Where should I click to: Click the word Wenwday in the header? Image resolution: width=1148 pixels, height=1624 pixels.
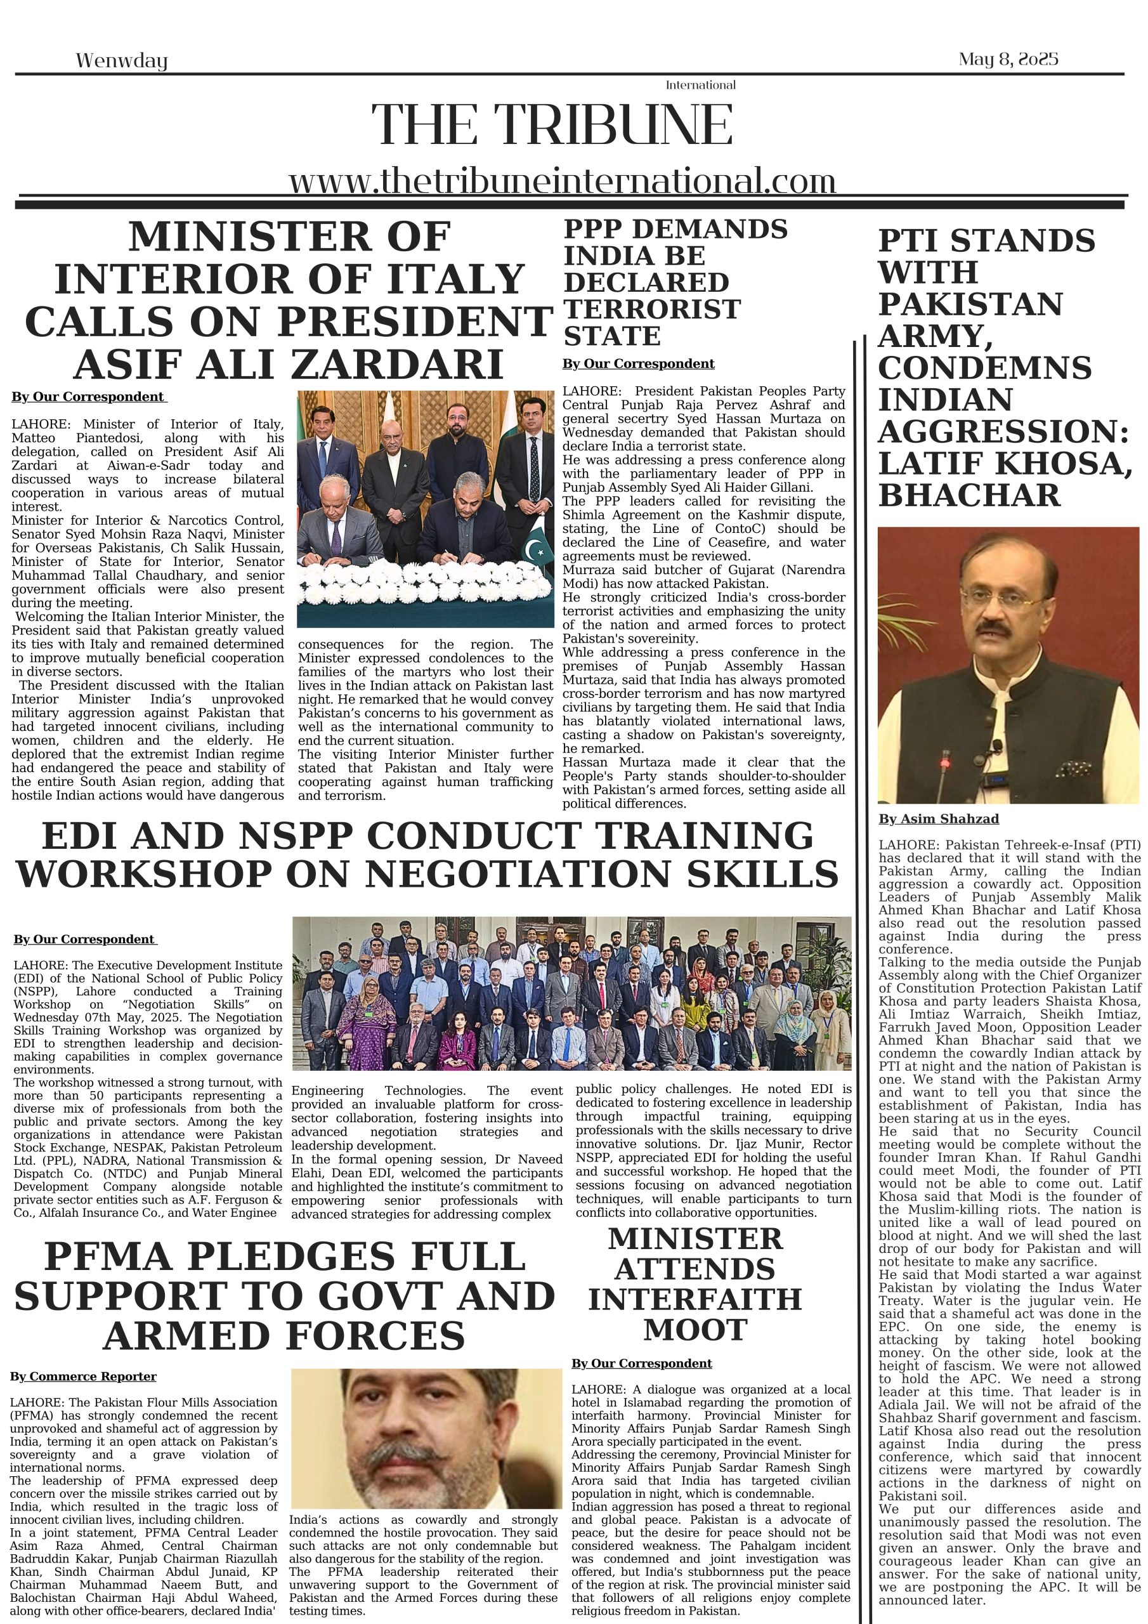122,61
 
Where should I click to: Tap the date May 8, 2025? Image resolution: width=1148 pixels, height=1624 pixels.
1008,59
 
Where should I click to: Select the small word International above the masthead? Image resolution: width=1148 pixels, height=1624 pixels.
700,85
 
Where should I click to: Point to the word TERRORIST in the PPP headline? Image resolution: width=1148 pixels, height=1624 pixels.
651,309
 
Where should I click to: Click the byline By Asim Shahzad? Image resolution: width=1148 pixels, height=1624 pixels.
938,819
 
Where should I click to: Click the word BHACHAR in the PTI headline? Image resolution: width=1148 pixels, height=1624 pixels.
969,495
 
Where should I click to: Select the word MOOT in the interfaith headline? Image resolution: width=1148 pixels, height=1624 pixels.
695,1330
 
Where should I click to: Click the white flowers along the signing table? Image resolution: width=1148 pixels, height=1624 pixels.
424,582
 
